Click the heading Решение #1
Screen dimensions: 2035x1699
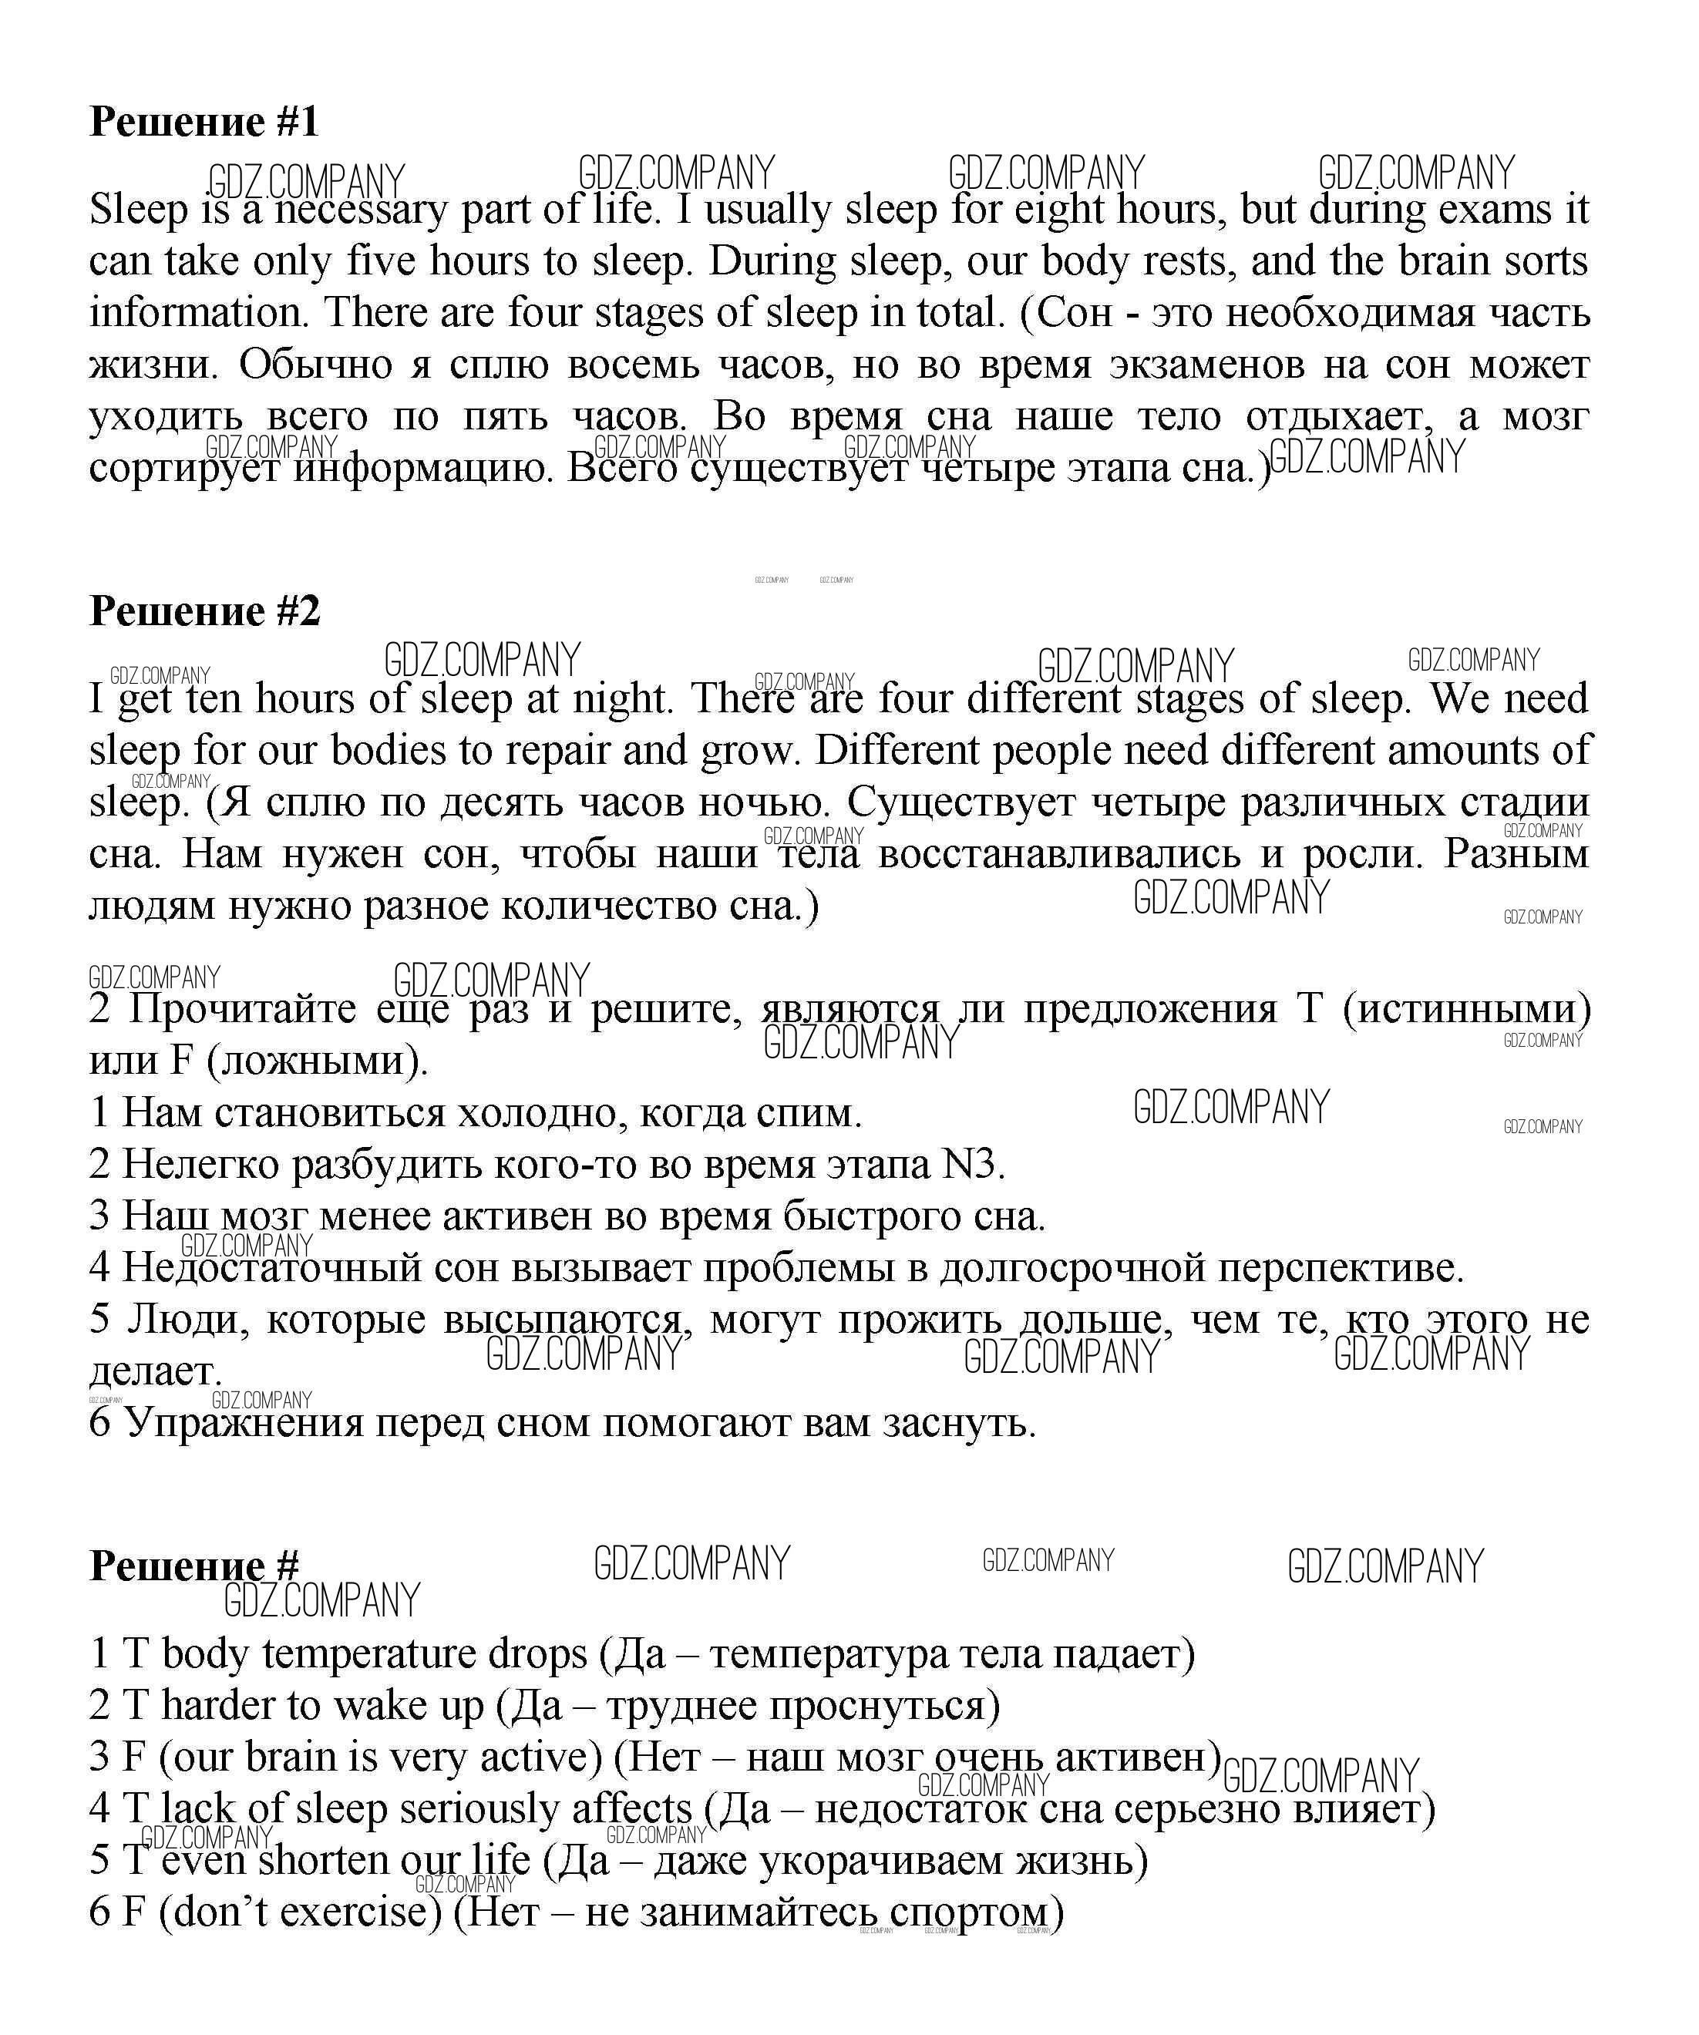click(x=204, y=122)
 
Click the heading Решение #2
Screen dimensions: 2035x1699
click(x=204, y=611)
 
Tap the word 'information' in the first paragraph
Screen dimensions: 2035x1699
click(x=199, y=313)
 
